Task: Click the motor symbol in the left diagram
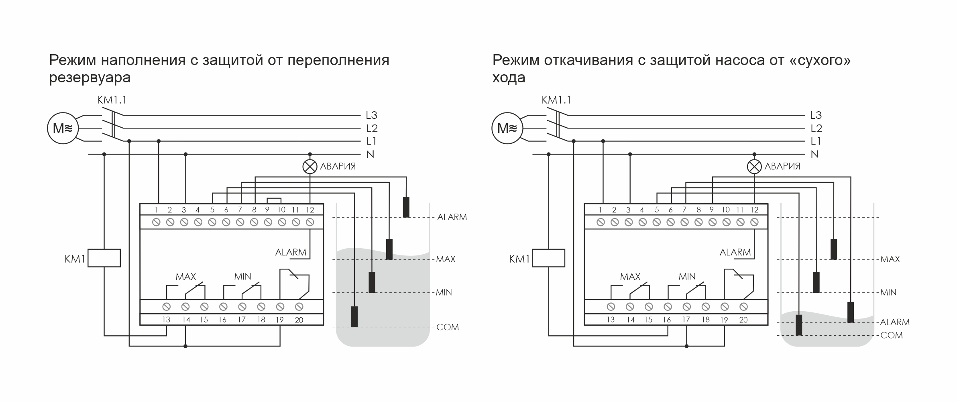tap(63, 129)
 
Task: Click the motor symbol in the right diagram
tap(507, 129)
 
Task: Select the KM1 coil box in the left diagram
tap(104, 258)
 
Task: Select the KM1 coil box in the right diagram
tap(548, 258)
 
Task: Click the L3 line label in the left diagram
tap(371, 115)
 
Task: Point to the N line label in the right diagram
tap(814, 154)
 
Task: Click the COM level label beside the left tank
tap(448, 327)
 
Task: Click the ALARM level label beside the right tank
tap(895, 322)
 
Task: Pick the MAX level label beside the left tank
tap(446, 259)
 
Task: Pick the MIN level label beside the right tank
tap(888, 292)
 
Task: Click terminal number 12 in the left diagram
tap(309, 210)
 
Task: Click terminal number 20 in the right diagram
tap(743, 320)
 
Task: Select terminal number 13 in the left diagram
tap(166, 320)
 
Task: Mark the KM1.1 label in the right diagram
tap(556, 100)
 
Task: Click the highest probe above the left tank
tap(406, 207)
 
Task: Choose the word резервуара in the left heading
tap(90, 77)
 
